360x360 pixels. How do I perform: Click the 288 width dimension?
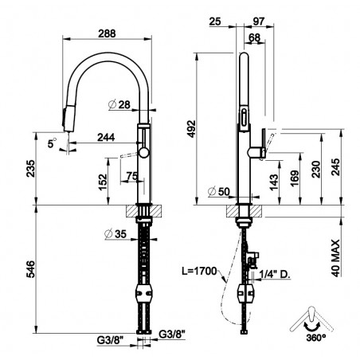(x=107, y=33)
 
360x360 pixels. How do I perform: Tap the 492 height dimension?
(x=191, y=129)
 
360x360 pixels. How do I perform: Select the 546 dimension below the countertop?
(x=30, y=269)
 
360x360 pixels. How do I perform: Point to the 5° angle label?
(x=52, y=143)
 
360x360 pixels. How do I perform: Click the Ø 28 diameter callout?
(x=119, y=104)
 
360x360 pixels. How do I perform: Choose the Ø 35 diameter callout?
(x=115, y=234)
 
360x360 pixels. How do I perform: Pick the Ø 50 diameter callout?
(x=219, y=191)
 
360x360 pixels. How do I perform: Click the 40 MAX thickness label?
(x=336, y=258)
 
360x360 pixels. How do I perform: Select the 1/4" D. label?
(x=275, y=275)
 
